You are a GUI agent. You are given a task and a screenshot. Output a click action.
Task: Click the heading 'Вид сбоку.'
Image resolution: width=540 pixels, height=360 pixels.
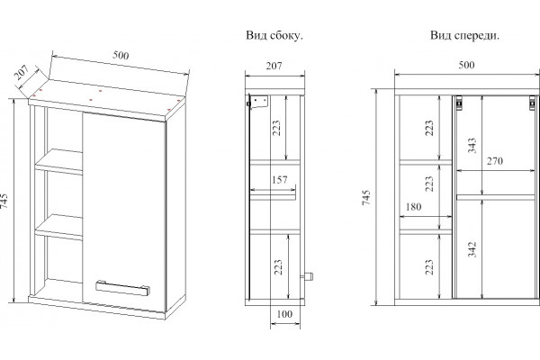click(274, 35)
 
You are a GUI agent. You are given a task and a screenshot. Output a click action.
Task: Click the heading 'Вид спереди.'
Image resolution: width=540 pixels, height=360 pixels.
click(464, 35)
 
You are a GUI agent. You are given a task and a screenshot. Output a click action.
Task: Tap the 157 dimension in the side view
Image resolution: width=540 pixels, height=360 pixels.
click(279, 180)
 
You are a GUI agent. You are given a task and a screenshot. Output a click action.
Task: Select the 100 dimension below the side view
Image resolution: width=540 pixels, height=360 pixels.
click(284, 314)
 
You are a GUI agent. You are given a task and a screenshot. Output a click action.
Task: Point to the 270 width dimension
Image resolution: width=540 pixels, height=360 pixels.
click(494, 160)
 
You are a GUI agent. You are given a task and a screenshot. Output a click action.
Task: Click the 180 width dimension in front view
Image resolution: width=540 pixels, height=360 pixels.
click(413, 207)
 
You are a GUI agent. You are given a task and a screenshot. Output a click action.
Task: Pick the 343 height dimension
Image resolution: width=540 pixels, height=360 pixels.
click(472, 146)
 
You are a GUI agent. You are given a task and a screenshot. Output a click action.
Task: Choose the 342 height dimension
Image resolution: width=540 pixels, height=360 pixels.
click(472, 249)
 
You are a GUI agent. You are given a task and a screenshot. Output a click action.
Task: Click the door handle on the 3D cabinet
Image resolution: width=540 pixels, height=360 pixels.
click(122, 288)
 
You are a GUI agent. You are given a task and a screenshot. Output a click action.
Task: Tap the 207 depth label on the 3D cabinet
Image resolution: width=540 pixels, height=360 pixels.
click(22, 72)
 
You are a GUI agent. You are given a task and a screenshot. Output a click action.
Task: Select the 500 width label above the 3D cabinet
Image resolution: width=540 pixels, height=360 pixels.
click(121, 55)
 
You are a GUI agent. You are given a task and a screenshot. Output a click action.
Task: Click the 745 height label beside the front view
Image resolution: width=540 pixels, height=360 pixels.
click(366, 197)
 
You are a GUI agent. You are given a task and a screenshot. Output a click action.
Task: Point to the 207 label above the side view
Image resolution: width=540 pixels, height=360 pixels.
click(274, 66)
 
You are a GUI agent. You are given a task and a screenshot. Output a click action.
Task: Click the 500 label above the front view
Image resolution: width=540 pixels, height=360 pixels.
click(466, 65)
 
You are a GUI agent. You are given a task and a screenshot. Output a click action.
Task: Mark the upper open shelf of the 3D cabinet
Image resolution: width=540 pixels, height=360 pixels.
click(59, 161)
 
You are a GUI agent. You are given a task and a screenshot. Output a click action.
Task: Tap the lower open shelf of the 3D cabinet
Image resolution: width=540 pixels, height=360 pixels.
click(59, 227)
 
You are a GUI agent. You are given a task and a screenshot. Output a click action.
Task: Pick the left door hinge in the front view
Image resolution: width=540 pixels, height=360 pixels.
click(459, 103)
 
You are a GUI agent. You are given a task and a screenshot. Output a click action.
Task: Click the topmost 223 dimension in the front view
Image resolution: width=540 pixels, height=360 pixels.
click(429, 128)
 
